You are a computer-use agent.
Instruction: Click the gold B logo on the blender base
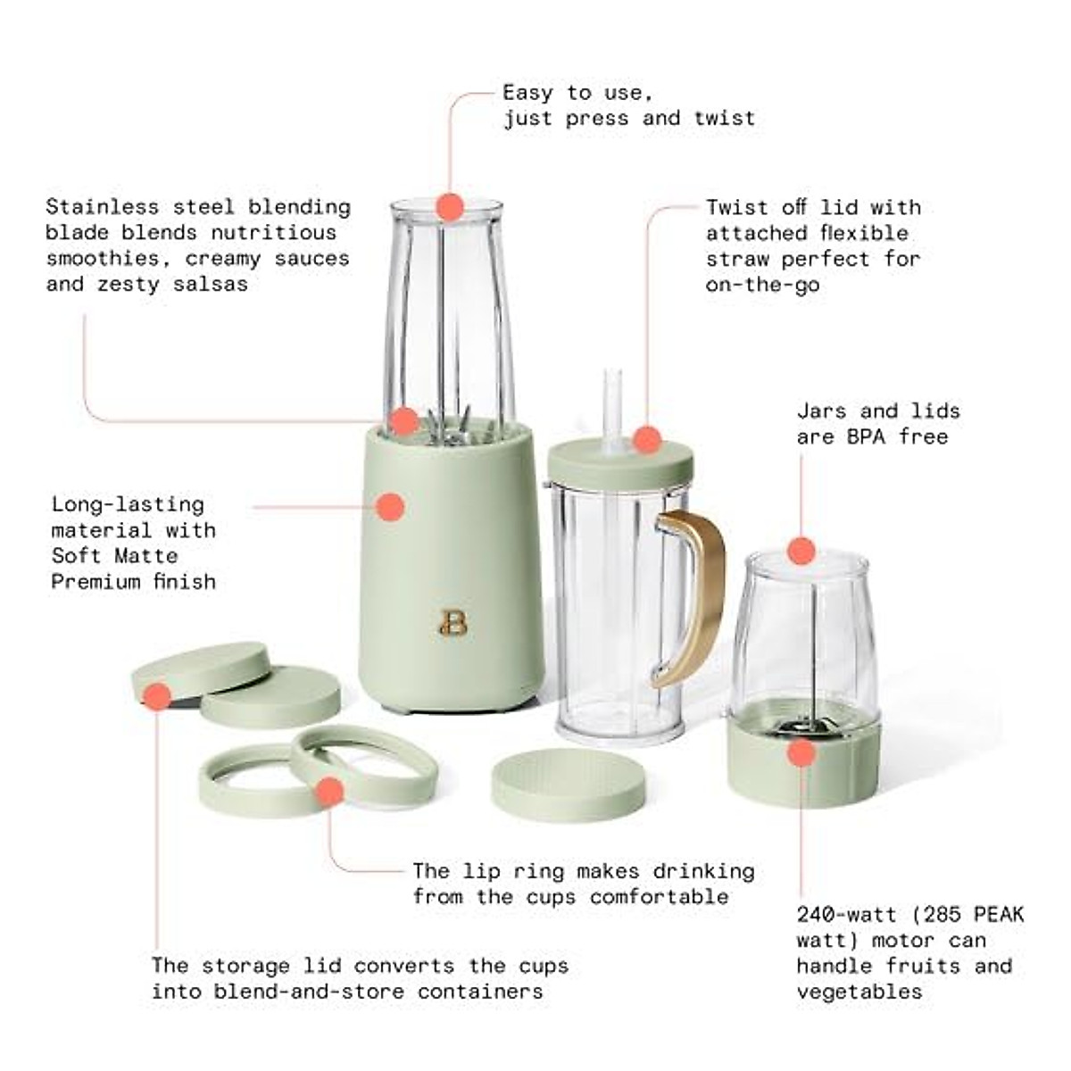pos(453,623)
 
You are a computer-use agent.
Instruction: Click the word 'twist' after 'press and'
pos(725,118)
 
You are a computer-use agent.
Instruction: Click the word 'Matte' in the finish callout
pos(147,556)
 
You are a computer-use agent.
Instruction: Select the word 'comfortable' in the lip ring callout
pos(660,897)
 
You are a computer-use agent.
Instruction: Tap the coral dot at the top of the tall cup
pos(451,207)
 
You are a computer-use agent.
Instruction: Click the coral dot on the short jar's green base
pos(801,753)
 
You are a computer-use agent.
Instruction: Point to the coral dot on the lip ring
pos(330,792)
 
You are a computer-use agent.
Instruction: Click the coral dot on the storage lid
pos(158,696)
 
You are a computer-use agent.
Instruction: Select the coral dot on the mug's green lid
pos(647,440)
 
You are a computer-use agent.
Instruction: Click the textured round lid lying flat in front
pos(568,785)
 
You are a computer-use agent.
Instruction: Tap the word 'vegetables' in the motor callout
pos(859,992)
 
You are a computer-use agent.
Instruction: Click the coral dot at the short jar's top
pos(801,550)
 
